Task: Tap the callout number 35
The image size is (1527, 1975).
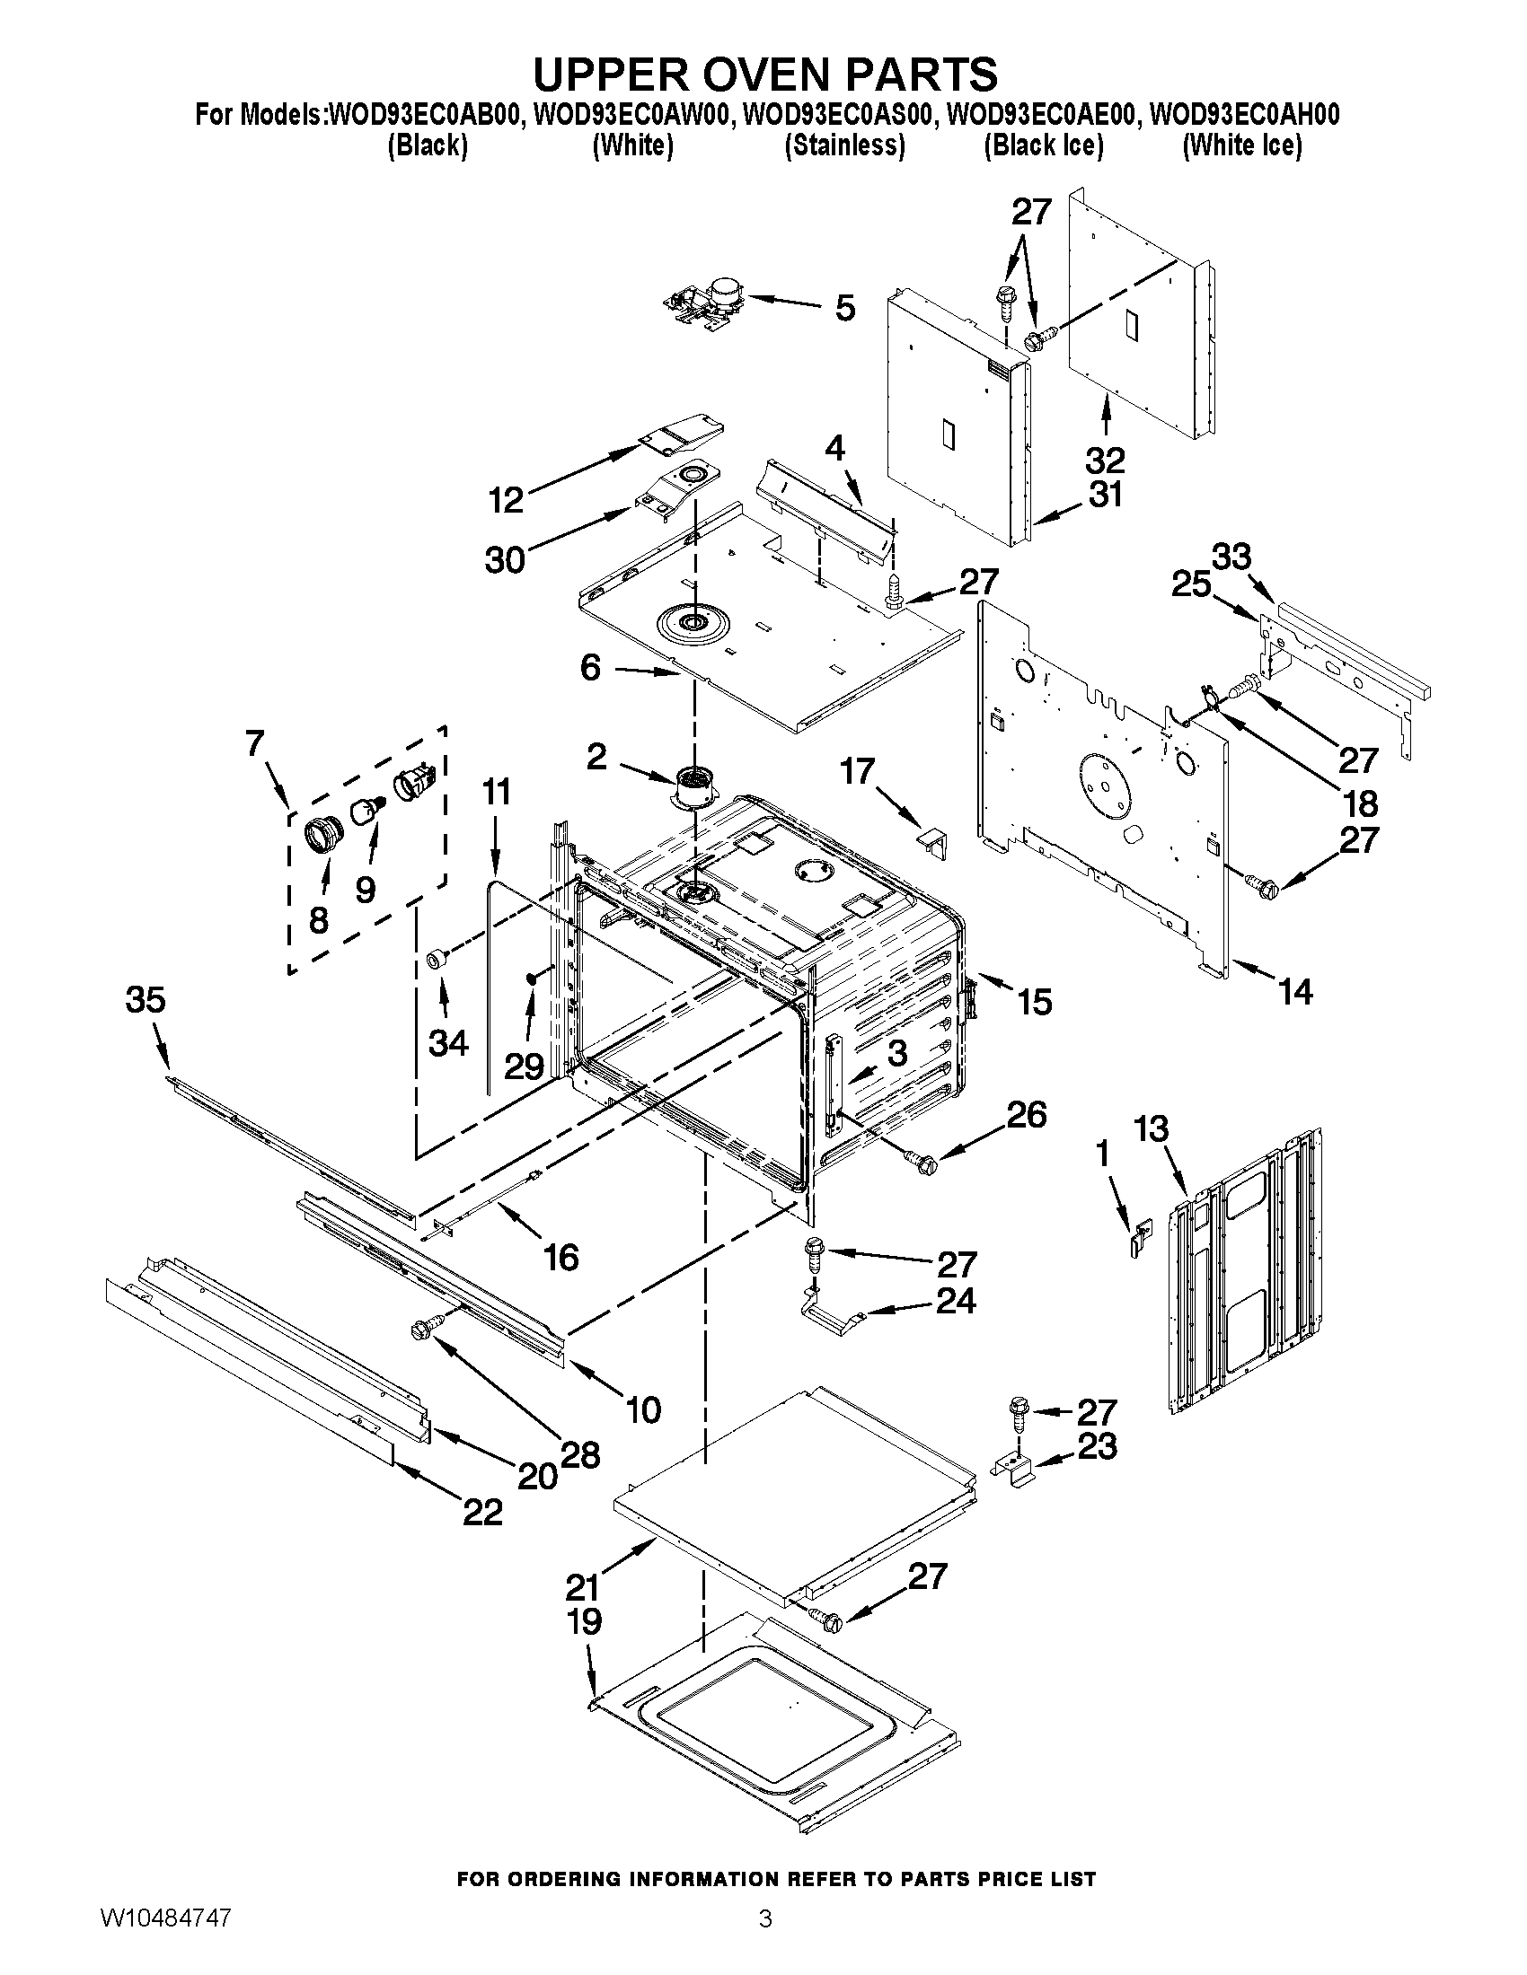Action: click(x=146, y=1000)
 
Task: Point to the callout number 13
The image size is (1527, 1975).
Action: click(x=1152, y=1129)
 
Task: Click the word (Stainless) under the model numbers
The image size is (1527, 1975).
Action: click(x=844, y=145)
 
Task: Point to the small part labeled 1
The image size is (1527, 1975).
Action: click(x=1142, y=1234)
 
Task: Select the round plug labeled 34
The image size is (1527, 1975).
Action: click(x=437, y=959)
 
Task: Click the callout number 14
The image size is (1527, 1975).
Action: click(x=1295, y=992)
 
